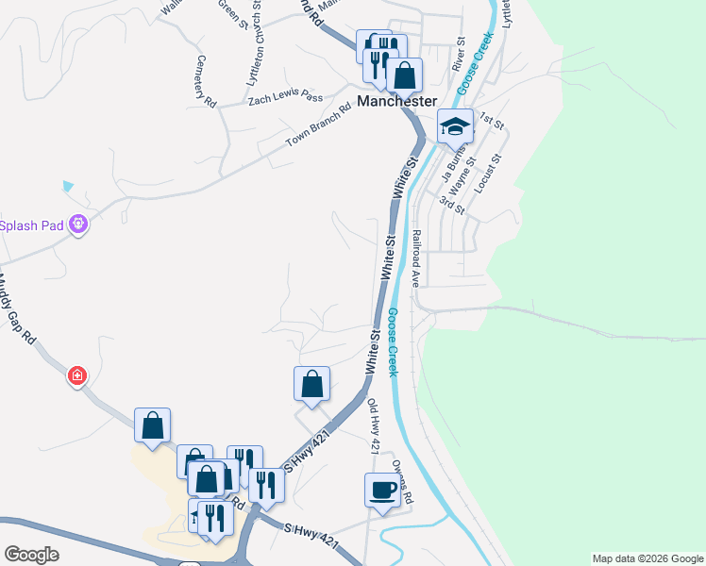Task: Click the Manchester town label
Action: click(x=396, y=101)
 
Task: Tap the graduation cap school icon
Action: click(x=455, y=126)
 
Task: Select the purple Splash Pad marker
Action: click(x=77, y=224)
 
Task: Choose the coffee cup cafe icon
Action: click(x=382, y=490)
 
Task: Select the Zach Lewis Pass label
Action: click(x=285, y=97)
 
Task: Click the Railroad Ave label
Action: click(x=414, y=257)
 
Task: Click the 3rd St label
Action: click(x=453, y=203)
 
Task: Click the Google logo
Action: click(x=31, y=555)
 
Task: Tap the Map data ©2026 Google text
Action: click(x=647, y=558)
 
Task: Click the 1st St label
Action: click(x=492, y=120)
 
